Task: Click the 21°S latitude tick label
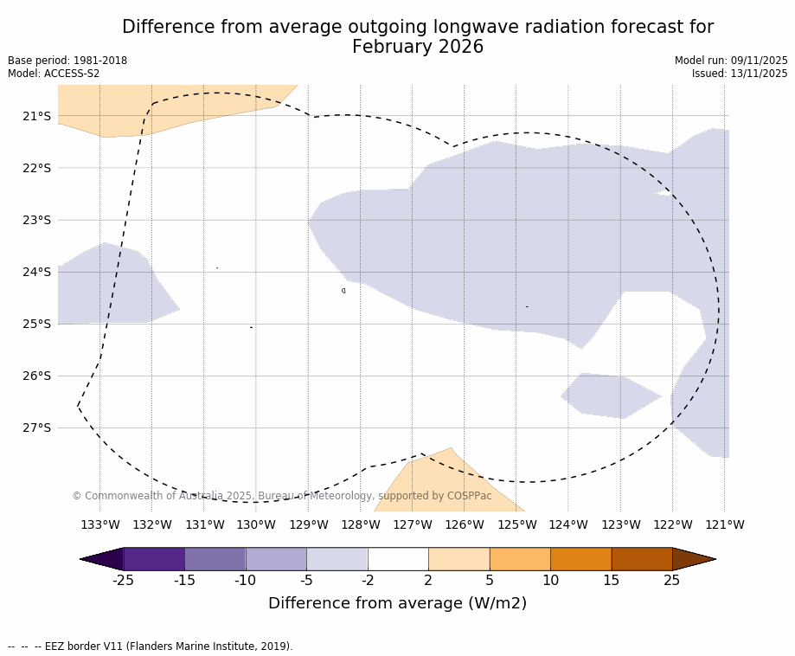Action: (36, 116)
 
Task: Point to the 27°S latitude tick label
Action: (36, 428)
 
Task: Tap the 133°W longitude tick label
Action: (99, 524)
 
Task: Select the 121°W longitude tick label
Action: (724, 524)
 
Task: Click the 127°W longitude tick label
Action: (412, 524)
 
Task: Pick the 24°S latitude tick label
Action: (36, 272)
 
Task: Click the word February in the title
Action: (391, 48)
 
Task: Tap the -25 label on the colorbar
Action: (123, 580)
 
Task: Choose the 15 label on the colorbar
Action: (611, 580)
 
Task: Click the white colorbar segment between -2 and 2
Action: (398, 559)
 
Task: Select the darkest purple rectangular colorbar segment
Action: (154, 559)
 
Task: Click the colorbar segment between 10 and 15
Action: (580, 559)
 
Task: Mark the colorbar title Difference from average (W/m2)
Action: (397, 603)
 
